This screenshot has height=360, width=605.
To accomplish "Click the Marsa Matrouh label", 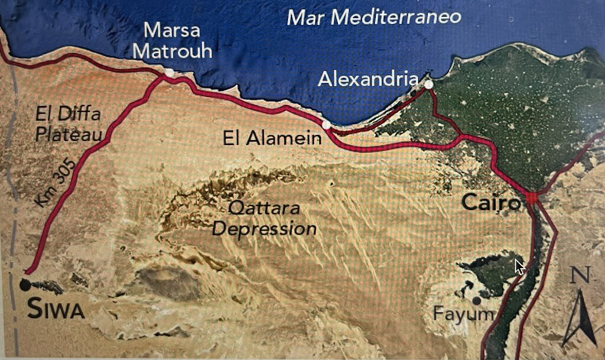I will [172, 40].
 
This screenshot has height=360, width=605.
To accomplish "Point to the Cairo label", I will [492, 203].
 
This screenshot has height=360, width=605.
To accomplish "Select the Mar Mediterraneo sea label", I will [373, 17].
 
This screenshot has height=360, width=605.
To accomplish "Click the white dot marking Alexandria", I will [428, 85].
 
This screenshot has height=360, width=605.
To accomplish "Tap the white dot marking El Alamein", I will [327, 125].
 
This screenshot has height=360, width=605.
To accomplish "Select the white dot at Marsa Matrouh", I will [170, 72].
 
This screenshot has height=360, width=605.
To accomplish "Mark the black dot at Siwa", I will [25, 285].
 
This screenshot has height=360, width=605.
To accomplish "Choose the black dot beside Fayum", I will [476, 300].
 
